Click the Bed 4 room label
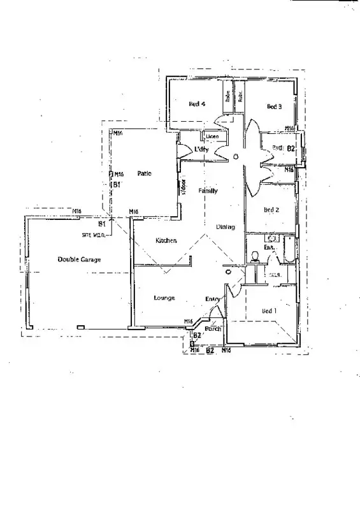197,104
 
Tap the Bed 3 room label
274,106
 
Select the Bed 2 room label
271,210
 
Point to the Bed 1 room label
270,310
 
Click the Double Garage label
79,259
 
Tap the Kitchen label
166,240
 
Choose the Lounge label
164,298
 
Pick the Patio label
144,173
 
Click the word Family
208,191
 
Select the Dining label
225,226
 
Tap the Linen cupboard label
212,136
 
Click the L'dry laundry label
202,149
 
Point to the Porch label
213,329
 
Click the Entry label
212,299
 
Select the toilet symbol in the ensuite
255,257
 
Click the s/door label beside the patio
182,186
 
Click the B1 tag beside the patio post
117,184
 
